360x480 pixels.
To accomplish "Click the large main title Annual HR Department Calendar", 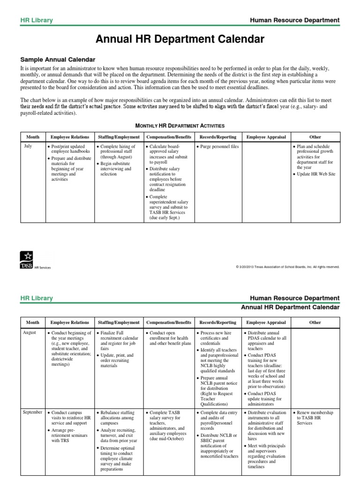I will pos(180,39).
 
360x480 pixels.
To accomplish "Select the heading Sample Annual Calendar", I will pos(58,60).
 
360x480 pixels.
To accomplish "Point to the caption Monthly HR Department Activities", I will pos(180,126).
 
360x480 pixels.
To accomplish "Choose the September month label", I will pos(33,412).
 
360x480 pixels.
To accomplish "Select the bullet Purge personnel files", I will pos(217,147).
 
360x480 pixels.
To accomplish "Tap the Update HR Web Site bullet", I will pos(315,174).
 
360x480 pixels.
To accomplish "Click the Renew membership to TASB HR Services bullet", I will pos(315,417).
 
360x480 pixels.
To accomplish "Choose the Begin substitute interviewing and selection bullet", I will pos(118,168).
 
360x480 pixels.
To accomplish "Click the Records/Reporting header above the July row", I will pos(217,137).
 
